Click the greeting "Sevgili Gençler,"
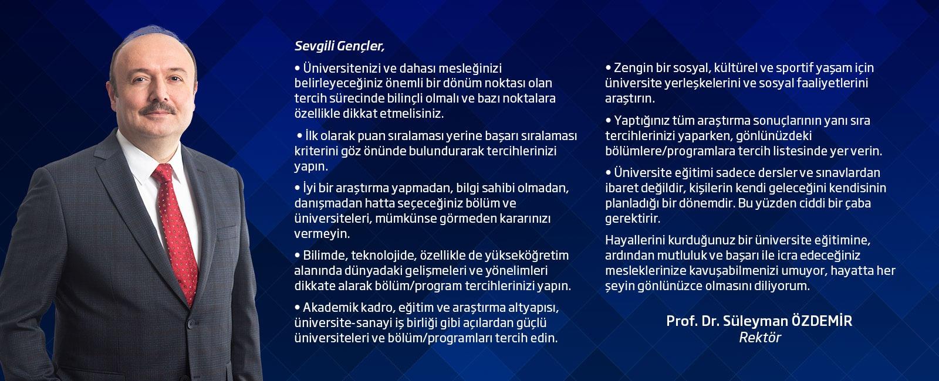[x=339, y=46]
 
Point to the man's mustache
[x=158, y=108]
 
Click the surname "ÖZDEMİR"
[x=822, y=321]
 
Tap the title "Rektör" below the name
[x=759, y=338]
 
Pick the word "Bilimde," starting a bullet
[x=325, y=256]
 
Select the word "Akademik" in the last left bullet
[x=329, y=308]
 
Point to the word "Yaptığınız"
[x=641, y=121]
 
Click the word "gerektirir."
[x=633, y=219]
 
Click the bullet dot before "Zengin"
[x=609, y=67]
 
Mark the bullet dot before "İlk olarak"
[x=300, y=136]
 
